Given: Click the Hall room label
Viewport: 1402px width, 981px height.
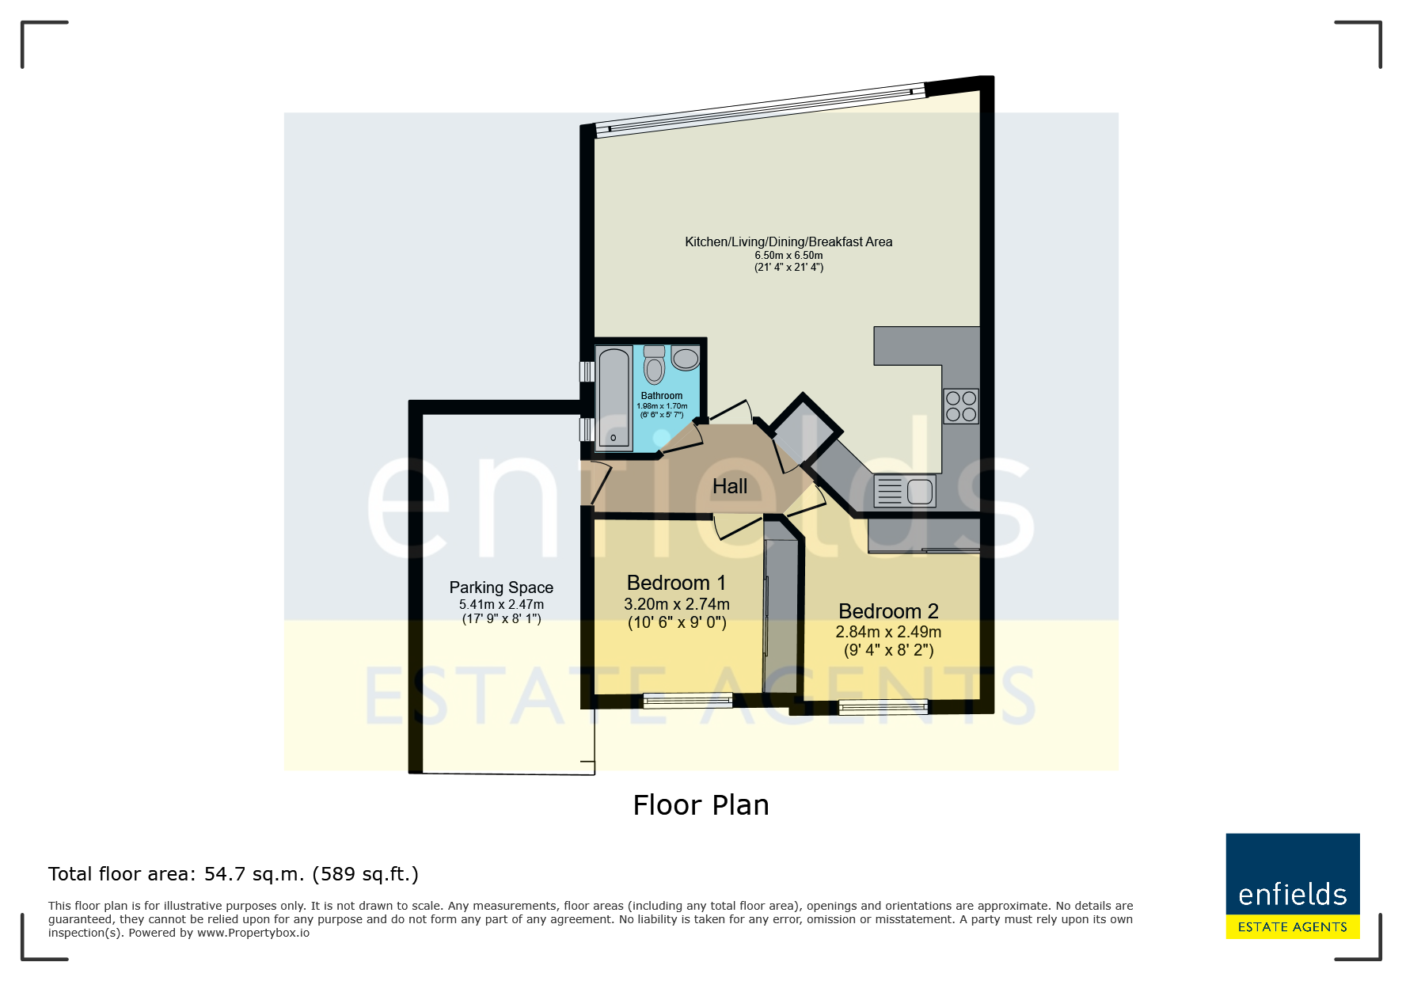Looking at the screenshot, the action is click(x=729, y=486).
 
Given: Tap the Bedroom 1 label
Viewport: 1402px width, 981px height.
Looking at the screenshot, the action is click(x=676, y=583).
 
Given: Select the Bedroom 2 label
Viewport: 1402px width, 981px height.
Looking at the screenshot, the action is click(x=888, y=611).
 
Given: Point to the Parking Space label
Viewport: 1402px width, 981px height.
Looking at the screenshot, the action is click(x=501, y=587).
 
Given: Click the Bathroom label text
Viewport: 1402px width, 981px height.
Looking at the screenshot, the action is click(x=662, y=396).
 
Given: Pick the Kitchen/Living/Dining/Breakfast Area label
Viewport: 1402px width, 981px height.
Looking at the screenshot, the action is click(x=788, y=241).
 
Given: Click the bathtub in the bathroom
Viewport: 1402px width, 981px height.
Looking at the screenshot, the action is click(x=614, y=398).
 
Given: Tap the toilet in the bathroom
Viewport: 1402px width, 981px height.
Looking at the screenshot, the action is click(x=654, y=364).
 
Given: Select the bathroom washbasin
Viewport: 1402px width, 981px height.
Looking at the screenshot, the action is click(x=686, y=359).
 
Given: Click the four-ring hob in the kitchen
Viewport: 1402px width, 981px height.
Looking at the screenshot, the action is click(x=961, y=406).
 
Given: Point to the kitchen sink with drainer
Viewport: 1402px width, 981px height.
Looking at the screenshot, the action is click(x=905, y=491).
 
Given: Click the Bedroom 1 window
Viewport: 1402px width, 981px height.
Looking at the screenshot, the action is click(x=687, y=699).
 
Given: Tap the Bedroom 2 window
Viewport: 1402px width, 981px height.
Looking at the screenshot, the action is click(x=883, y=706).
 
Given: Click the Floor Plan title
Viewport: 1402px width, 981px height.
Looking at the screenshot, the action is click(x=701, y=805).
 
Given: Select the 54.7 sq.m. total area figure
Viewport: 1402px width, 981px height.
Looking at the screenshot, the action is click(x=254, y=874).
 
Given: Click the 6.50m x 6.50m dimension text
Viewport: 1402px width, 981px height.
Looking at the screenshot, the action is click(x=788, y=256).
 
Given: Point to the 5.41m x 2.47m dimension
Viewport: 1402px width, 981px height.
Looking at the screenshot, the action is click(x=501, y=605).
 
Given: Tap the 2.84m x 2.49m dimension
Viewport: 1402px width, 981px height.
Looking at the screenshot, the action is click(x=888, y=632).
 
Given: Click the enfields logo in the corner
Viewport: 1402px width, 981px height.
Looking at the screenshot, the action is click(x=1293, y=886).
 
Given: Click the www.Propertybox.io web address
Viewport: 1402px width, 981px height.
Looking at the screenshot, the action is click(x=253, y=933).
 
